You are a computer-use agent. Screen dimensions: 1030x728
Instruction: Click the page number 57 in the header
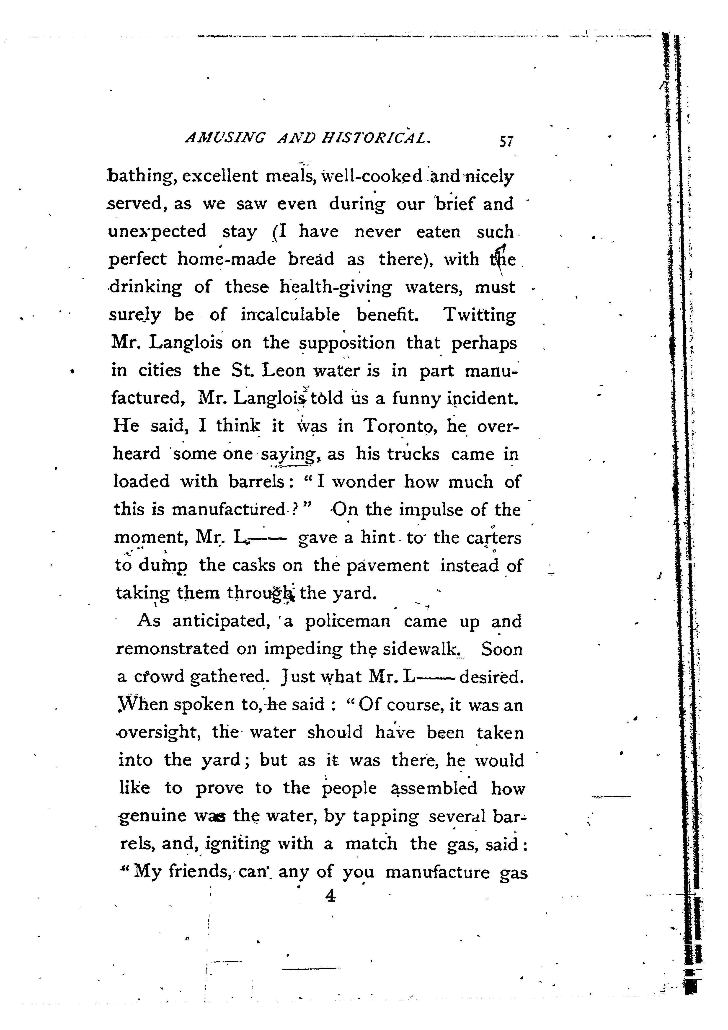(x=506, y=142)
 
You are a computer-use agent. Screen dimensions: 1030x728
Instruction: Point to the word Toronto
(x=399, y=426)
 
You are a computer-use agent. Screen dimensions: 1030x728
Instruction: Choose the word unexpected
(x=157, y=232)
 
